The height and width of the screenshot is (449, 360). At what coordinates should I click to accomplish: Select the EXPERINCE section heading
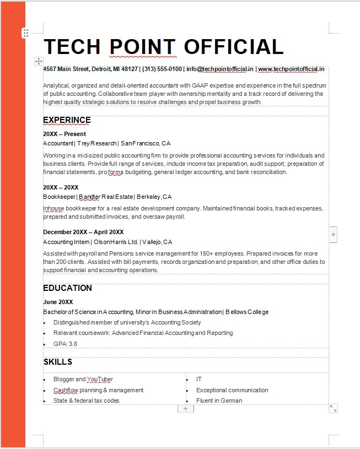(x=67, y=120)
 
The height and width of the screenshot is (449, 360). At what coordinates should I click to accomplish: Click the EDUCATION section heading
(x=67, y=288)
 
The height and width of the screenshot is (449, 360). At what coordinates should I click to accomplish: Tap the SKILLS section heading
(x=57, y=362)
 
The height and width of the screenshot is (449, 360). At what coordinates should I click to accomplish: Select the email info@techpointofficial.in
(x=219, y=69)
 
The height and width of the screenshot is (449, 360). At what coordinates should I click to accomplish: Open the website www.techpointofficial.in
(x=291, y=69)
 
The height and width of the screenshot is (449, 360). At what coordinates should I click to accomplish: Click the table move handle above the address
(x=39, y=61)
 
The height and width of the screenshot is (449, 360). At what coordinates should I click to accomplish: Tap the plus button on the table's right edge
(x=333, y=234)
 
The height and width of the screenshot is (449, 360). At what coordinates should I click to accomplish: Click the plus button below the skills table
(x=185, y=408)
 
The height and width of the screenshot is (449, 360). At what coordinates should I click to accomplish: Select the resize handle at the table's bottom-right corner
(x=333, y=408)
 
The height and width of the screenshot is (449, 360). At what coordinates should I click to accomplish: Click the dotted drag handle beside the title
(x=25, y=33)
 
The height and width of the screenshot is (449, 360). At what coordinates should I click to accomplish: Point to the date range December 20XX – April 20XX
(x=83, y=232)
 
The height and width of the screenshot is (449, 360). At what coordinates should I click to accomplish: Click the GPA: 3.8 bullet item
(x=65, y=344)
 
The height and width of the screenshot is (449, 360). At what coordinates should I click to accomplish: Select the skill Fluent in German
(x=219, y=401)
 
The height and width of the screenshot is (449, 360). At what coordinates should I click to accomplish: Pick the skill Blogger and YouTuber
(x=83, y=379)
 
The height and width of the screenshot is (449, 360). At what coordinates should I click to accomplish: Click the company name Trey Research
(x=96, y=143)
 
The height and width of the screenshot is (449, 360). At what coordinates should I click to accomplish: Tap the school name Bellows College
(x=247, y=312)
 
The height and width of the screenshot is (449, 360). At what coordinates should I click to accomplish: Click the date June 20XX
(x=58, y=302)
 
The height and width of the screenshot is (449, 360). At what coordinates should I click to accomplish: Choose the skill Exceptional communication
(x=232, y=390)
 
